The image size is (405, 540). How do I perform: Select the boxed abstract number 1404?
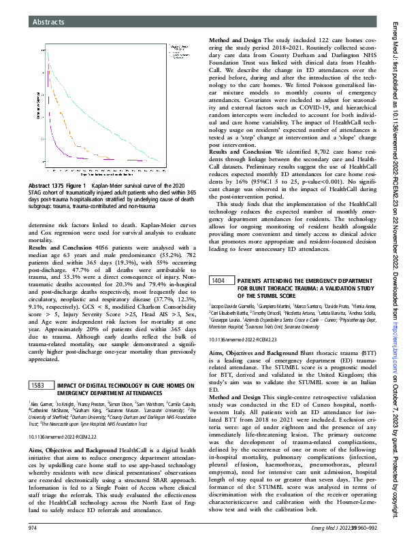(x=218, y=281)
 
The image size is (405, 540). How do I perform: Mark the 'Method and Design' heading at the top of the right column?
(x=236, y=39)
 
